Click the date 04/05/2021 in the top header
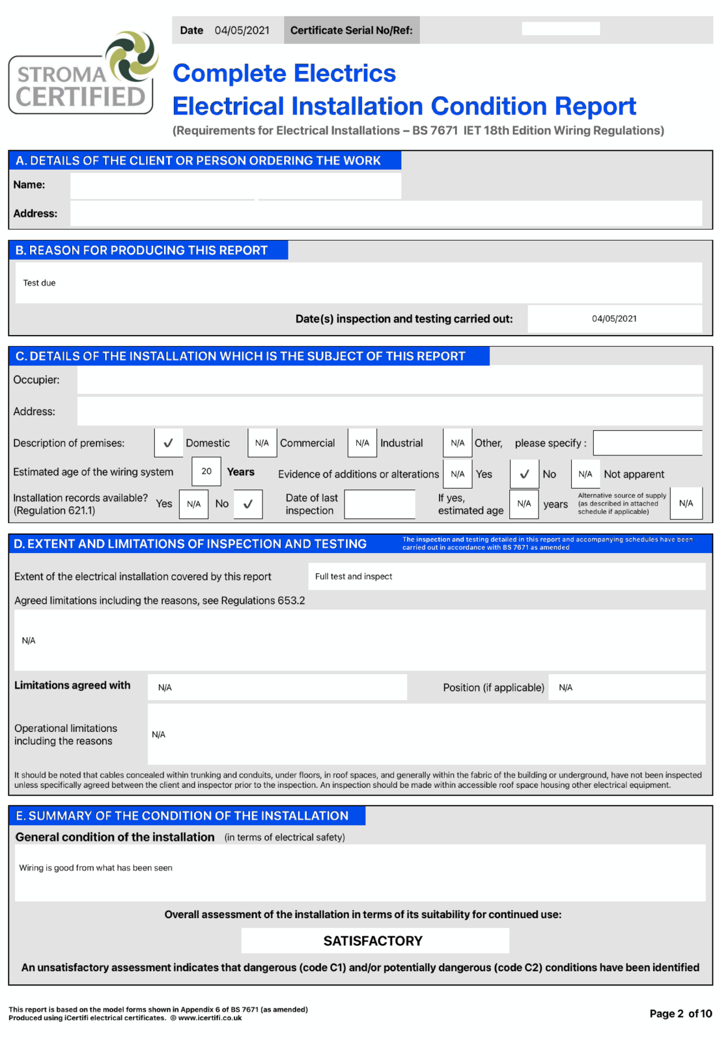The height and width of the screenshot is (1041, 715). pyautogui.click(x=242, y=31)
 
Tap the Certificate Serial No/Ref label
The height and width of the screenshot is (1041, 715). pyautogui.click(x=351, y=31)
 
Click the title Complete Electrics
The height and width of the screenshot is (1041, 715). pyautogui.click(x=284, y=74)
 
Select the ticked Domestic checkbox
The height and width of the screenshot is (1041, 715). pyautogui.click(x=168, y=443)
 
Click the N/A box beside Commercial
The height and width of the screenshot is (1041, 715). pyautogui.click(x=262, y=443)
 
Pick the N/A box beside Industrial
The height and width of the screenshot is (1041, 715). pyautogui.click(x=362, y=443)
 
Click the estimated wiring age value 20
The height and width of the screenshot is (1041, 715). pyautogui.click(x=206, y=472)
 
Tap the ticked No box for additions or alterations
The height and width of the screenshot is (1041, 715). pyautogui.click(x=524, y=474)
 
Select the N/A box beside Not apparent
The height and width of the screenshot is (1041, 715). pyautogui.click(x=585, y=474)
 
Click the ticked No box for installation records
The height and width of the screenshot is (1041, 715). pyautogui.click(x=248, y=504)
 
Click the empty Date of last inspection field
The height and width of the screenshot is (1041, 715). pyautogui.click(x=380, y=504)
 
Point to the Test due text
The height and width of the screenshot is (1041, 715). pyautogui.click(x=40, y=283)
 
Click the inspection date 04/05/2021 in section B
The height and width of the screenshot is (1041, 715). pyautogui.click(x=614, y=319)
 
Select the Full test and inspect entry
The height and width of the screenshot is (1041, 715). pyautogui.click(x=354, y=576)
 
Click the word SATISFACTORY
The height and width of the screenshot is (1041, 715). pyautogui.click(x=373, y=941)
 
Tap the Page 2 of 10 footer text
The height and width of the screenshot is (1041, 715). pyautogui.click(x=680, y=1014)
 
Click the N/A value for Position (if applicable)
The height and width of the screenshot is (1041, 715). pyautogui.click(x=565, y=688)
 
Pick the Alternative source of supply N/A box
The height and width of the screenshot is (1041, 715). pyautogui.click(x=686, y=504)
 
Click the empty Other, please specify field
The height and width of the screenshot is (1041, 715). pyautogui.click(x=647, y=443)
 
